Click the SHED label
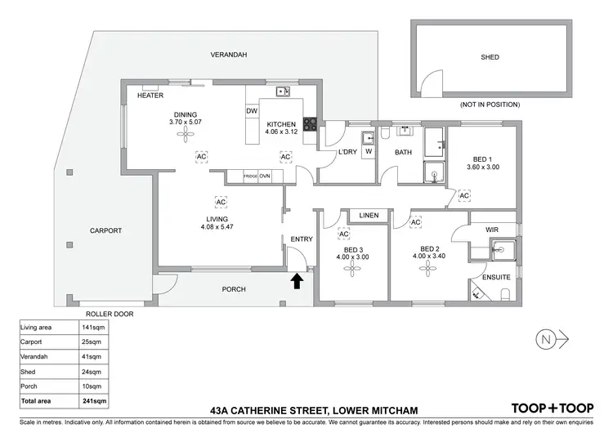click(x=490, y=57)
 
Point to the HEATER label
click(x=150, y=96)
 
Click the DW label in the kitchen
click(x=252, y=111)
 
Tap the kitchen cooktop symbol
click(x=311, y=125)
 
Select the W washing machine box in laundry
click(x=369, y=151)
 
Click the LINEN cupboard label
click(x=369, y=216)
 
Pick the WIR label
click(x=492, y=230)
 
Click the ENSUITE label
click(x=496, y=278)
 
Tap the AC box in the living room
click(x=220, y=201)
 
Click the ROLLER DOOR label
click(x=109, y=313)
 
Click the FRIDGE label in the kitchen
click(x=250, y=176)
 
